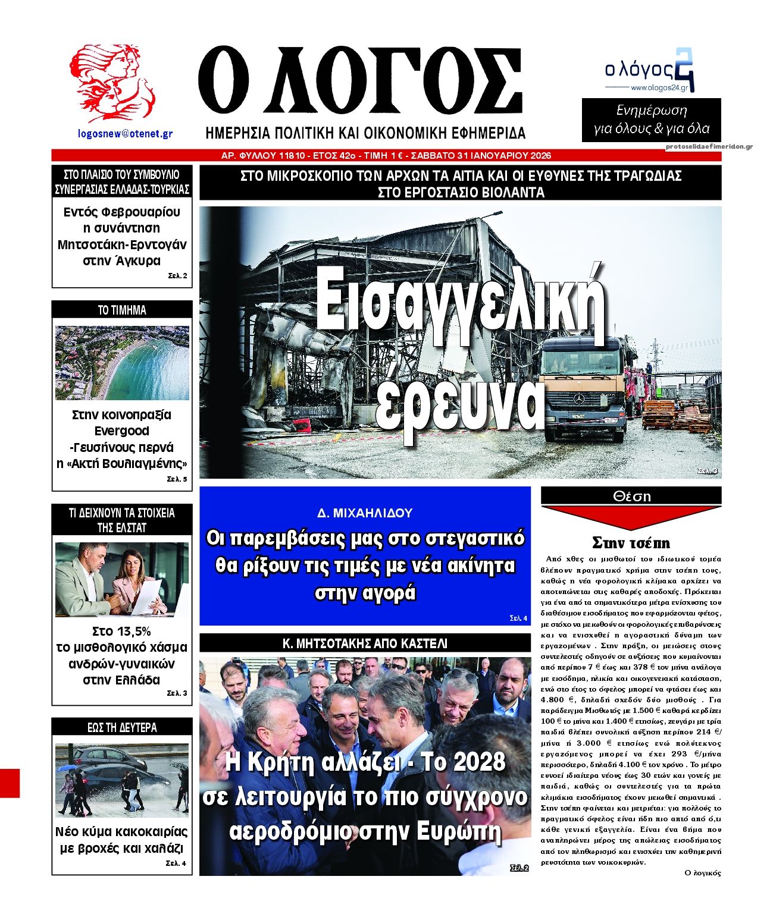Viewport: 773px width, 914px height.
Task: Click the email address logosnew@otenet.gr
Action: click(x=125, y=134)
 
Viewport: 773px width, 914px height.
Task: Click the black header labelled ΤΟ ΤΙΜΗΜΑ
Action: click(x=122, y=310)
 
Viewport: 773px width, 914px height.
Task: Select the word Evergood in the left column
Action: click(x=122, y=431)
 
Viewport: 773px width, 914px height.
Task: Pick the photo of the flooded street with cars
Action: click(x=122, y=779)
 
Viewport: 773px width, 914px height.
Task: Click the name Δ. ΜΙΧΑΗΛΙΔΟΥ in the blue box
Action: click(x=365, y=513)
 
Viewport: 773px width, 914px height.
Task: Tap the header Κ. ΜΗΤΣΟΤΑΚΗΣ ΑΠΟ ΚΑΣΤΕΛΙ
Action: click(x=365, y=643)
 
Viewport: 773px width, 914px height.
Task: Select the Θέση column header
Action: click(x=631, y=496)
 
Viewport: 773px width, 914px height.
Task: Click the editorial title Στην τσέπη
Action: click(x=631, y=542)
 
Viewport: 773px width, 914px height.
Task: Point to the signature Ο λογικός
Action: click(x=703, y=873)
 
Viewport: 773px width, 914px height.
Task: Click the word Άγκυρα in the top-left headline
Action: click(x=135, y=260)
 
